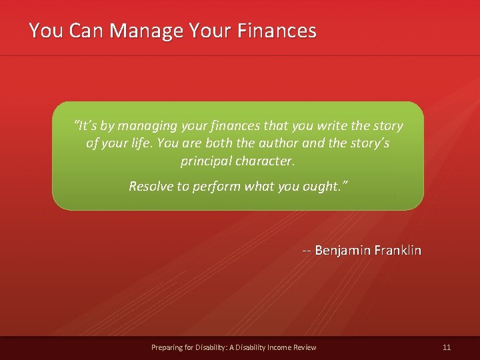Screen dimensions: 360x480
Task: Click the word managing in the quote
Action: pos(145,126)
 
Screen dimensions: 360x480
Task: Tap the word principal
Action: pos(204,161)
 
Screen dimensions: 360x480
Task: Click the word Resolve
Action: pos(150,186)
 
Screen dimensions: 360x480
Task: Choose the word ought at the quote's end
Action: pos(324,186)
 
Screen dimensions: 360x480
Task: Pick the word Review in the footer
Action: pos(305,347)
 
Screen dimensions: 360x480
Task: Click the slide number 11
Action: pos(447,347)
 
